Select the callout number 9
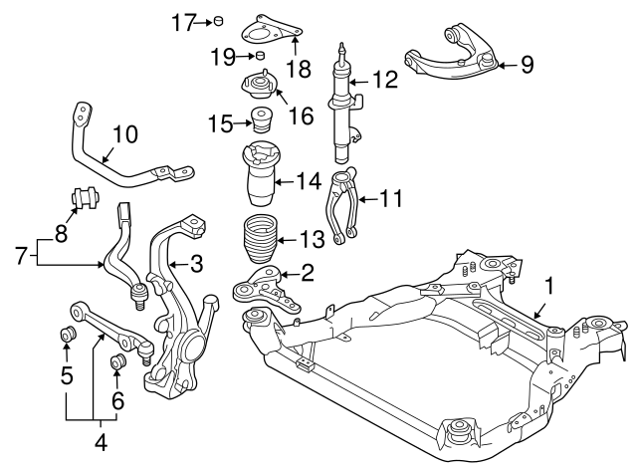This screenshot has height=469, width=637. point(527,65)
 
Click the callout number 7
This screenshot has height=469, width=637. point(19,257)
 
